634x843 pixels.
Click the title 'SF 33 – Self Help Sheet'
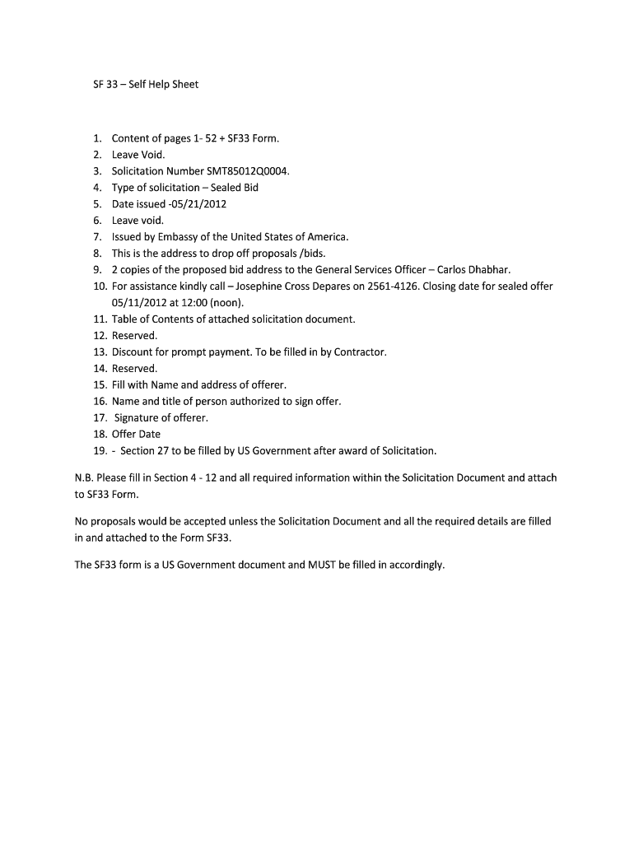tap(145, 84)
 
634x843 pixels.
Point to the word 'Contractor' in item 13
tap(360, 352)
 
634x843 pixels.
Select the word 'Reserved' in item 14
tap(133, 368)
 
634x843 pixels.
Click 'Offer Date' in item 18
tap(137, 434)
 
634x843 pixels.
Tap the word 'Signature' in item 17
tap(137, 417)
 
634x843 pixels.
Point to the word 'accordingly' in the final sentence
tap(416, 565)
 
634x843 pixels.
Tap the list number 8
tap(97, 254)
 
